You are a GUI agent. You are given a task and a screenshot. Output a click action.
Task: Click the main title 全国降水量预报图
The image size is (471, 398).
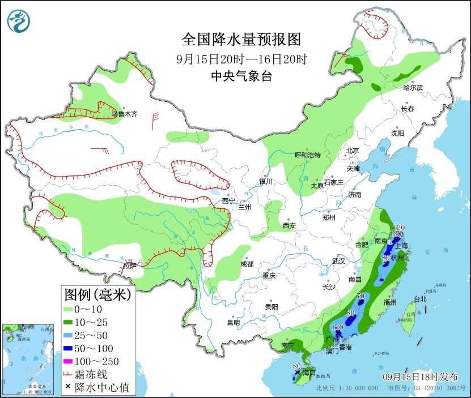pyautogui.click(x=240, y=40)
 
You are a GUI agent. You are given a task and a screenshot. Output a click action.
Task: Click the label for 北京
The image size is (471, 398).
pyautogui.click(x=353, y=151)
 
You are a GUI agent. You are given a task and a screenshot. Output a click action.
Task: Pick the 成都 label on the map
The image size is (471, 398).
pyautogui.click(x=247, y=264)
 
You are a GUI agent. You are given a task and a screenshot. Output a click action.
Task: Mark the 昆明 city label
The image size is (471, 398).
pyautogui.click(x=233, y=322)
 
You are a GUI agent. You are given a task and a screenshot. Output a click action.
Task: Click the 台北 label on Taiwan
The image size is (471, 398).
pyautogui.click(x=419, y=299)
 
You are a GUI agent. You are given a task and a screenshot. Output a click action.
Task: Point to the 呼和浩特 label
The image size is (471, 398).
pyautogui.click(x=308, y=155)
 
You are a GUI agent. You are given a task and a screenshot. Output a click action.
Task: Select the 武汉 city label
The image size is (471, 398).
pyautogui.click(x=338, y=262)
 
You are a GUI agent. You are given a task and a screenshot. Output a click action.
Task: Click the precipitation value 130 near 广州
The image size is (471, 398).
pyautogui.click(x=338, y=328)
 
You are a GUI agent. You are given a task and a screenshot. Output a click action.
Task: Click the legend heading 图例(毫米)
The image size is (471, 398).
pyautogui.click(x=97, y=294)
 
